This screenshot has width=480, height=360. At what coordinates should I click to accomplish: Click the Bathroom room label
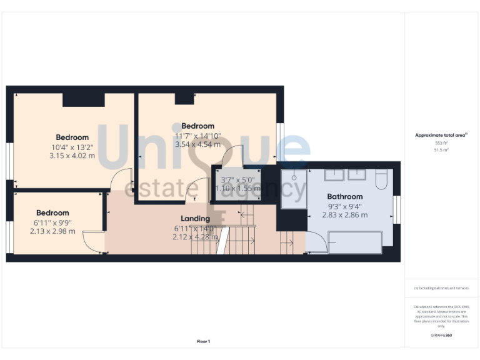tap(344, 196)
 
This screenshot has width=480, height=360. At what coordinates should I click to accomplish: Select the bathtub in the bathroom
tap(355, 242)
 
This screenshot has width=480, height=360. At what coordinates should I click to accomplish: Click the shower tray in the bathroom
tap(294, 186)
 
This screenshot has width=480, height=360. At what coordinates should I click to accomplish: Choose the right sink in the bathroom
tap(358, 174)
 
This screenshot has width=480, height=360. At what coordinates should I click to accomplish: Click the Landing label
tap(195, 219)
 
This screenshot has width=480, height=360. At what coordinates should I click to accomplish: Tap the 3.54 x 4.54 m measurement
tap(197, 144)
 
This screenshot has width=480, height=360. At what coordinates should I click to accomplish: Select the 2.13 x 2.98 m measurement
tap(54, 231)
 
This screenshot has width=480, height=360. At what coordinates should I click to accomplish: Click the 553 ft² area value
tap(441, 143)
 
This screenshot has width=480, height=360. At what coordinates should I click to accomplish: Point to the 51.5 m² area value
tap(441, 150)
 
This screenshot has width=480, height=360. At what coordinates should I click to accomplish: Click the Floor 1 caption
tap(203, 341)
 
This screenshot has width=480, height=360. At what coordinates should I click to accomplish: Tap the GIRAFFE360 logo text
tap(441, 336)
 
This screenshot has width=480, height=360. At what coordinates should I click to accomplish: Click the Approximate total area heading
tap(441, 135)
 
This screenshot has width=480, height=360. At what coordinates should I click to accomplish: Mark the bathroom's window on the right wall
tap(396, 210)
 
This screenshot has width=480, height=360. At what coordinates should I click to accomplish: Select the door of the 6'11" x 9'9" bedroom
tap(94, 242)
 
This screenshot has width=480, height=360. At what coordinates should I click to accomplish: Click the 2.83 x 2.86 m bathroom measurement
tap(344, 215)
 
